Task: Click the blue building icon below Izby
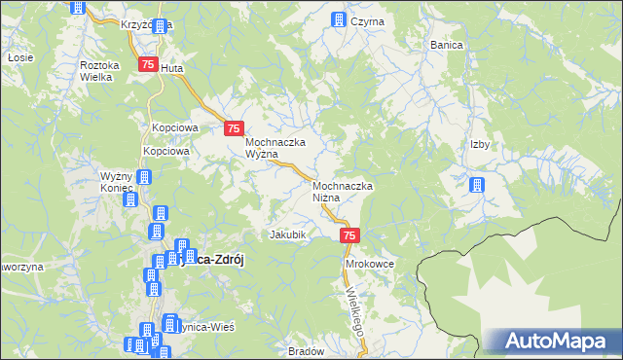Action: click(477, 185)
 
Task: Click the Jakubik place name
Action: click(288, 234)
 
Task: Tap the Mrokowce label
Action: click(369, 264)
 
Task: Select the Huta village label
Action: click(171, 69)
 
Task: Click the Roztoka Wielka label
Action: click(99, 70)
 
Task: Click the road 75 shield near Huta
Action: click(148, 64)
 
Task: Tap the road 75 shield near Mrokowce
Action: click(351, 235)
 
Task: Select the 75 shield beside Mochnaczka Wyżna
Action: click(234, 128)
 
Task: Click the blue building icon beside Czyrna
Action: click(339, 19)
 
